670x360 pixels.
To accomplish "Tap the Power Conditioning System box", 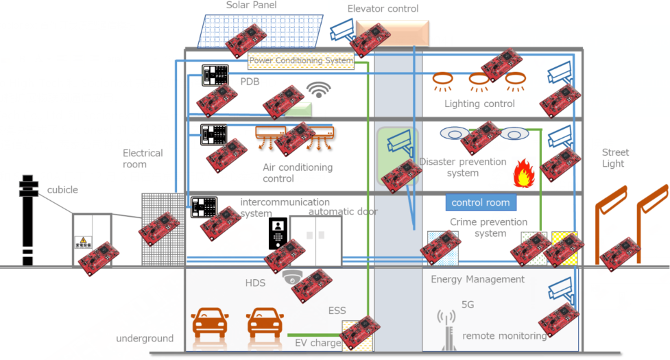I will [301, 61].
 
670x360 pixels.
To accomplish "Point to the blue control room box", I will [480, 202].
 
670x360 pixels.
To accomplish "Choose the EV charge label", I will [317, 343].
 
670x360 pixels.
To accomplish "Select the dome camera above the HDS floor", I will [292, 277].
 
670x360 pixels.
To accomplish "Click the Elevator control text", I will [383, 9].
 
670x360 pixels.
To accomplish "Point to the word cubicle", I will [62, 190].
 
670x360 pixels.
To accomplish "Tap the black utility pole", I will [27, 219].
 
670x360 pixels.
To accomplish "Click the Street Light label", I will [614, 158].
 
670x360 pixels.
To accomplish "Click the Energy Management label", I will [477, 279].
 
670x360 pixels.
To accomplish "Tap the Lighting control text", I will [479, 104].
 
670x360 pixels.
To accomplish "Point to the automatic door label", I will [344, 212].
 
